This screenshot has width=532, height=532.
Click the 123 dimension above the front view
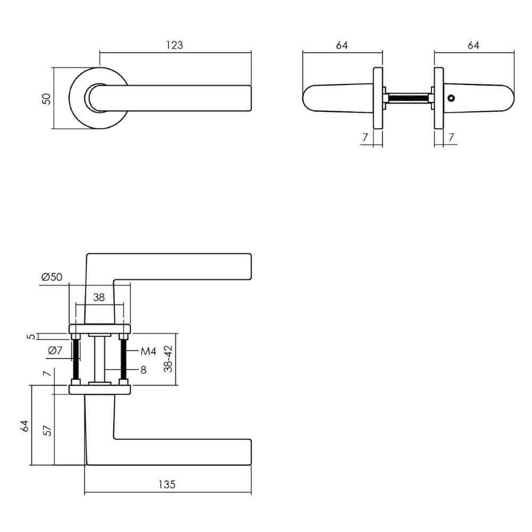pos(174,45)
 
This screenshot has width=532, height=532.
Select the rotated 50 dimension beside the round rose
pos(47,98)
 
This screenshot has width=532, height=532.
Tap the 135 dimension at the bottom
pos(167,485)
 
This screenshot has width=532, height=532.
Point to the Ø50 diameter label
pos(52,277)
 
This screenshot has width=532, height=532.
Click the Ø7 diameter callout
pos(55,351)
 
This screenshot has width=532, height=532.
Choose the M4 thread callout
pos(147,352)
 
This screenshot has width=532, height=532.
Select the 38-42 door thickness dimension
pos(169,359)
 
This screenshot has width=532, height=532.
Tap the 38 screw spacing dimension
pos(99,297)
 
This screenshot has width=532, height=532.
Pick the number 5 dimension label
pos(31,336)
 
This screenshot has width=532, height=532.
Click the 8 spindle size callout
pos(143,370)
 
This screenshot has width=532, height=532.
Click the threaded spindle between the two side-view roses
pos(408,98)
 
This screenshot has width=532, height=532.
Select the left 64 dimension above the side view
pos(342,45)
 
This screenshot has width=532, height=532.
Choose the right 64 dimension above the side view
pos(473,45)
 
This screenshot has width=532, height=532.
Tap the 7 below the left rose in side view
pos(364,137)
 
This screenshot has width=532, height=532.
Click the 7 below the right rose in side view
pos(451,137)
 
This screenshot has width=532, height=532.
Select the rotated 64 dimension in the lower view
pos(24,426)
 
